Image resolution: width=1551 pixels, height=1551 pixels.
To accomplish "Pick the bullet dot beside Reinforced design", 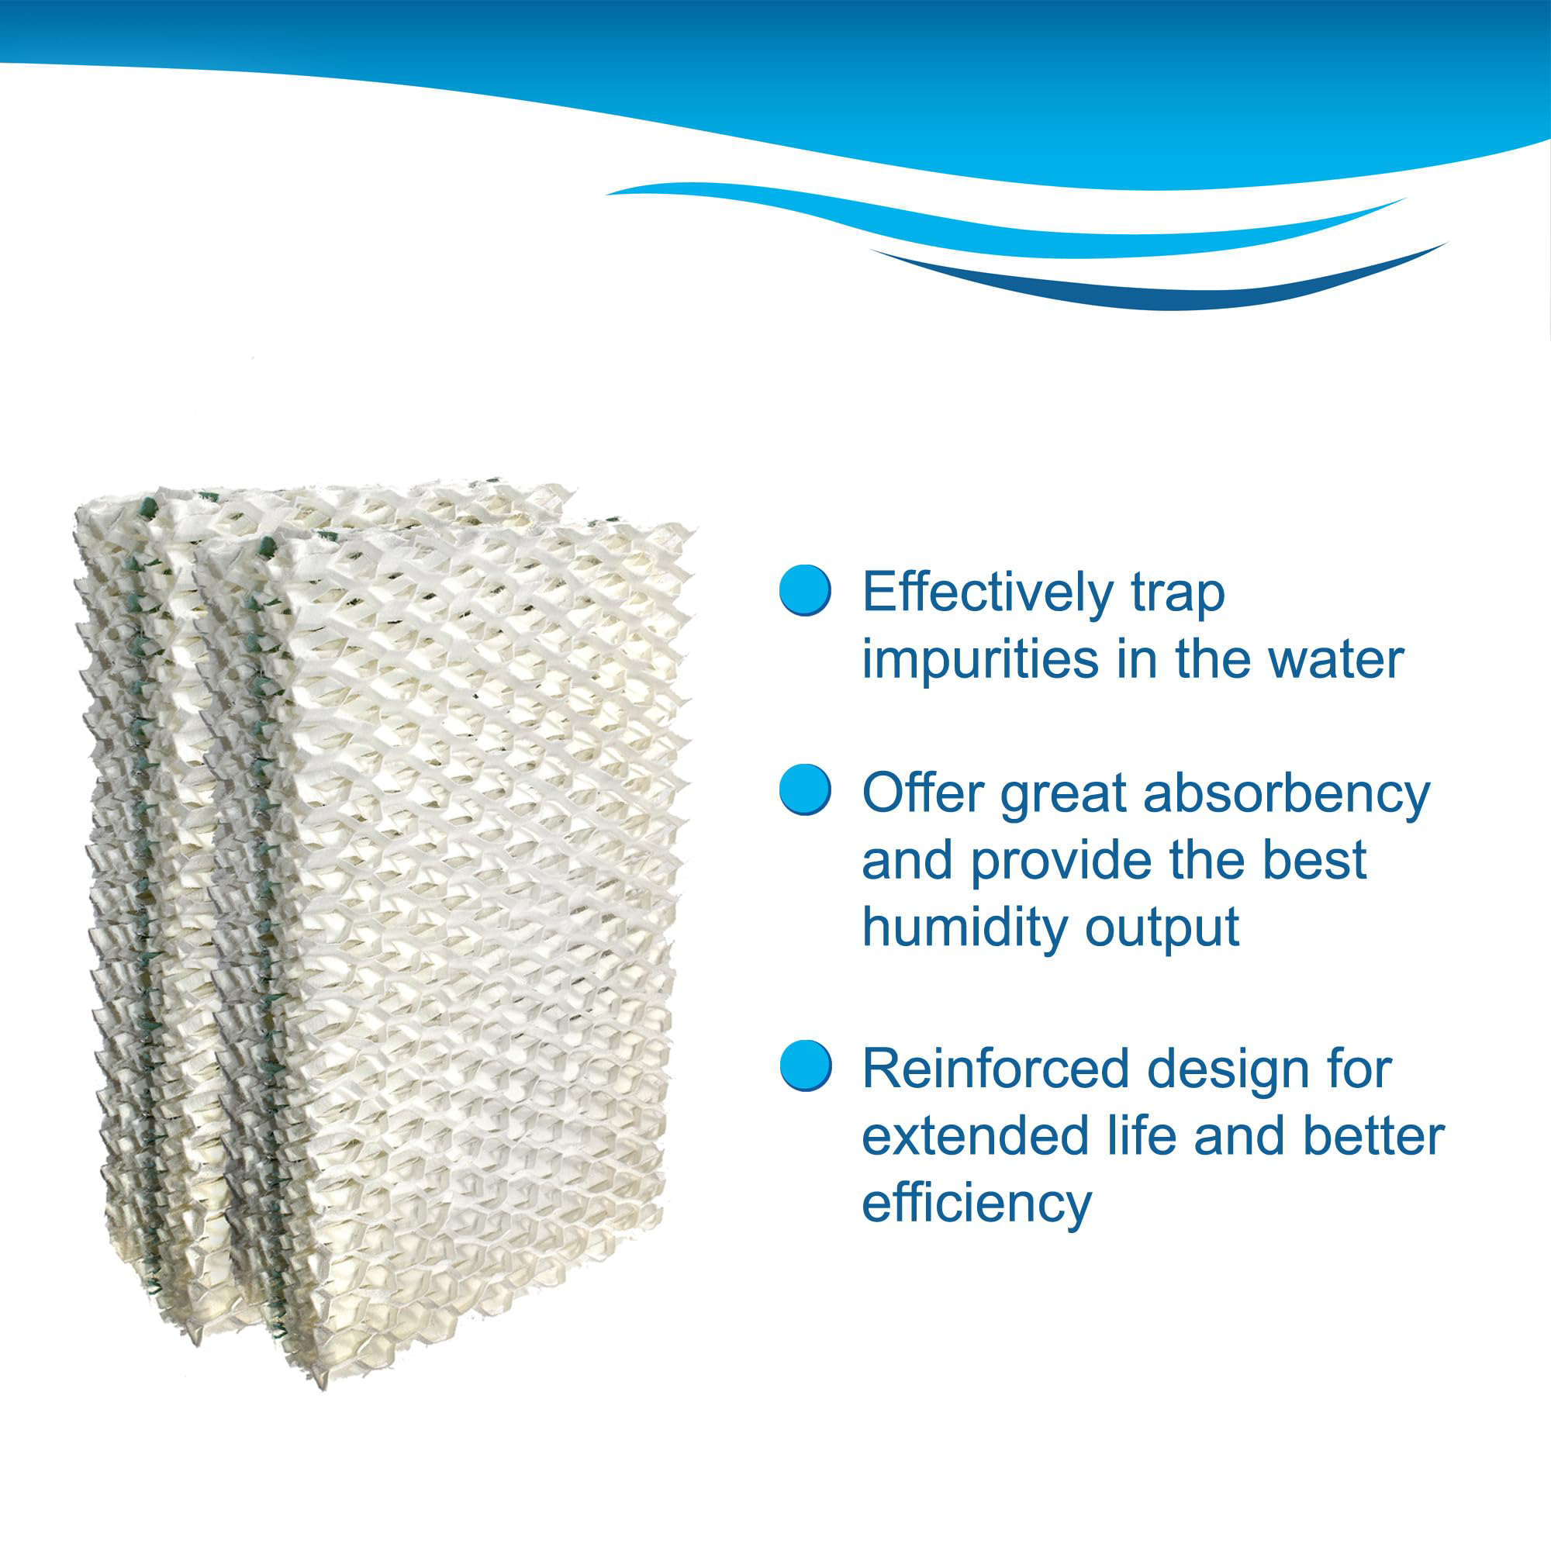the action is click(806, 1065).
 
